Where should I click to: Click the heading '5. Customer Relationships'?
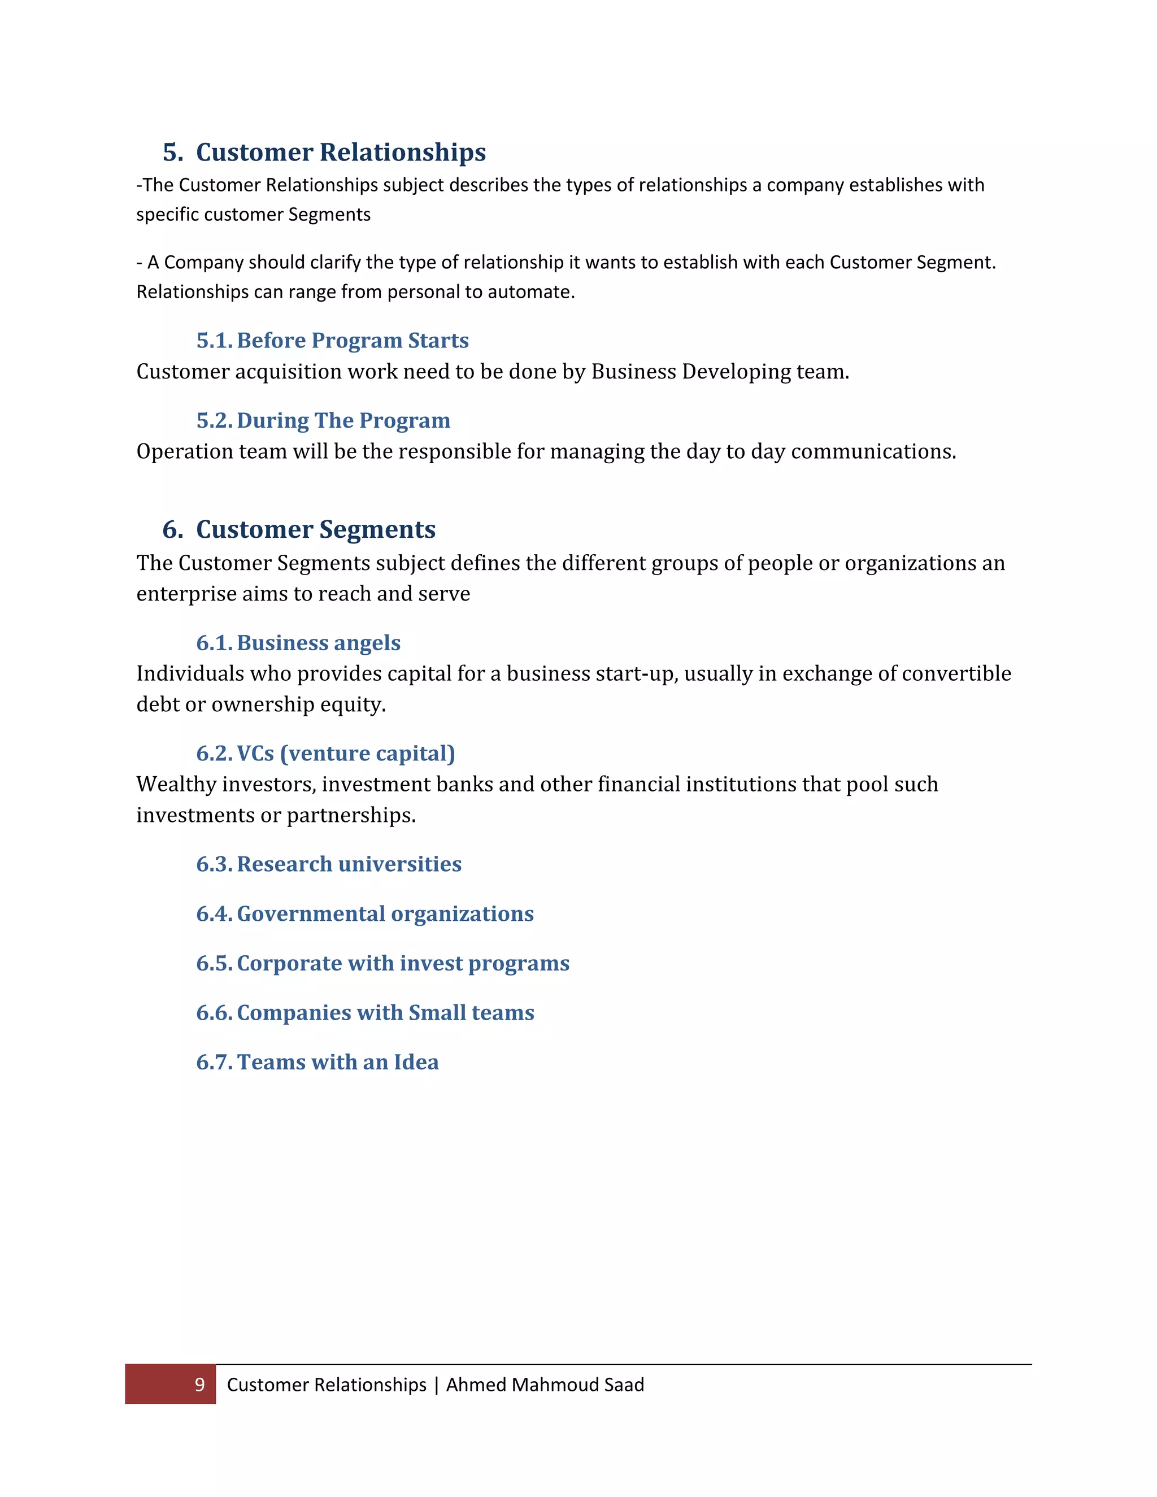coord(324,152)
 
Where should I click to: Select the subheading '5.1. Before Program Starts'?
coord(332,341)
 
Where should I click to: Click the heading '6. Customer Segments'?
coord(299,529)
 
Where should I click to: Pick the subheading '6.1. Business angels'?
coord(298,643)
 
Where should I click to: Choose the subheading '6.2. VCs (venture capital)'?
coord(325,753)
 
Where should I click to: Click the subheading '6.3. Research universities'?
coord(328,864)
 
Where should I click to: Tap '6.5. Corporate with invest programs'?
coord(382,963)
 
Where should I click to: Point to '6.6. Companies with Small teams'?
coord(364,1012)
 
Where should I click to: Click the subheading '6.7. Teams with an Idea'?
coord(317,1062)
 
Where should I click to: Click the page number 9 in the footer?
coord(199,1385)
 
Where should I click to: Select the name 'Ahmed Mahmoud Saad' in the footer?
coord(545,1385)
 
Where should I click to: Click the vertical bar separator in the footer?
coord(436,1385)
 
